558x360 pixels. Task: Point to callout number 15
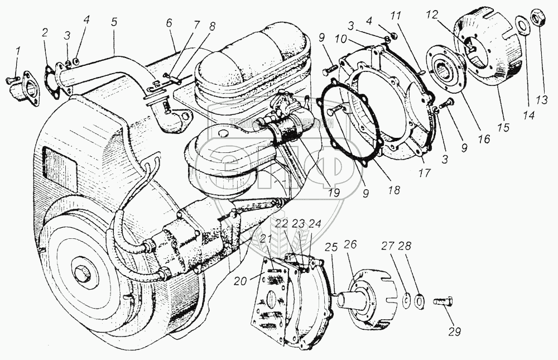coord(503,128)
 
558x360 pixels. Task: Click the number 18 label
coord(395,190)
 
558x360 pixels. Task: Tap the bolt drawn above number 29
coord(444,302)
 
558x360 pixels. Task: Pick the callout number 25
coord(334,246)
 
